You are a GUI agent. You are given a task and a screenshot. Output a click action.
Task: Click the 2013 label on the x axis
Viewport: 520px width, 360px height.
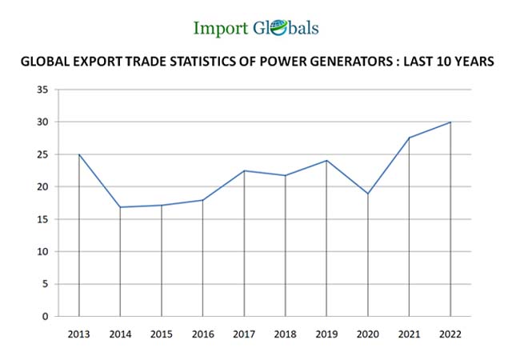pos(79,334)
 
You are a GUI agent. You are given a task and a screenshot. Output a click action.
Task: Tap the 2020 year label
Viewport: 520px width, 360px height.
pos(368,334)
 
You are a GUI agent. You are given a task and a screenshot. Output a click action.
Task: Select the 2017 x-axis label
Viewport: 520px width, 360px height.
pos(244,334)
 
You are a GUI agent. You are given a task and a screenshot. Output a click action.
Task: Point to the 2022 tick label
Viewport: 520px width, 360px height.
pos(450,334)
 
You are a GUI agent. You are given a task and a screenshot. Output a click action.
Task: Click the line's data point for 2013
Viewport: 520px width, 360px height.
pos(79,154)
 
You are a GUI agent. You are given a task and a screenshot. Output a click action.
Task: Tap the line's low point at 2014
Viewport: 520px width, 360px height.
pos(120,207)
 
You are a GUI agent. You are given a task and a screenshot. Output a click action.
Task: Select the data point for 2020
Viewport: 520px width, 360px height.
pos(368,194)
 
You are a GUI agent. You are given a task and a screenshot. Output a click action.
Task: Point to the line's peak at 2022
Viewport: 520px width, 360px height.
pos(450,122)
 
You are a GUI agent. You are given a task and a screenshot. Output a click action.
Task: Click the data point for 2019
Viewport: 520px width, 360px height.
pos(326,161)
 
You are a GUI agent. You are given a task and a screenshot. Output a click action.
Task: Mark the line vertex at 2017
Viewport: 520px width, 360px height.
pos(244,170)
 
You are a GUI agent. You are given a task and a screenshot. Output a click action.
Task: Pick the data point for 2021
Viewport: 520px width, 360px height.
pos(409,138)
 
